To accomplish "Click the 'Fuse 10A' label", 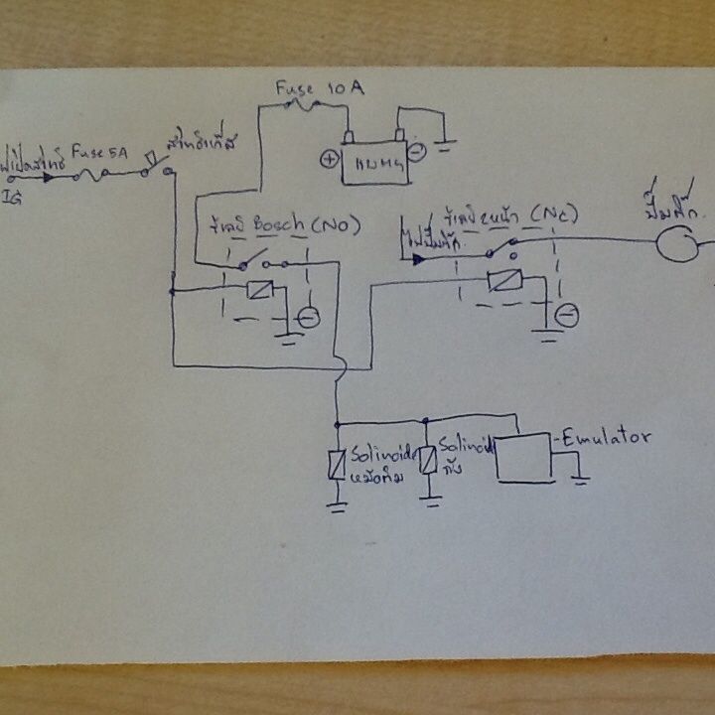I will click(x=320, y=89).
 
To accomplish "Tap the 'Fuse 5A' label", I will click(x=98, y=154).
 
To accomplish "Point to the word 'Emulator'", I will click(x=605, y=436).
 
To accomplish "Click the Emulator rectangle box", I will click(x=525, y=457).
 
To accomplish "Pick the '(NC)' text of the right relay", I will click(x=552, y=214).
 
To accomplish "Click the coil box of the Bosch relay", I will click(x=260, y=291).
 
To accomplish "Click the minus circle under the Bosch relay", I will click(x=309, y=318).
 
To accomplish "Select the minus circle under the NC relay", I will click(x=567, y=316).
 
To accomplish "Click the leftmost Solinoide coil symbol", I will click(x=337, y=464).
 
